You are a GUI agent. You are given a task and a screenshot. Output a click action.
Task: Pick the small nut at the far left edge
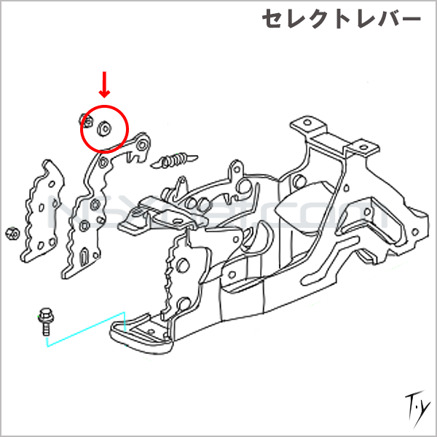point(11,234)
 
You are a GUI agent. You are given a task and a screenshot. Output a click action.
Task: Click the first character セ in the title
point(275,20)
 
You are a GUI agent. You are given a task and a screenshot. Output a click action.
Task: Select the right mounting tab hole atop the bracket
point(361,147)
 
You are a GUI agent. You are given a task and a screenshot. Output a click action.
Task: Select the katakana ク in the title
point(318,20)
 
